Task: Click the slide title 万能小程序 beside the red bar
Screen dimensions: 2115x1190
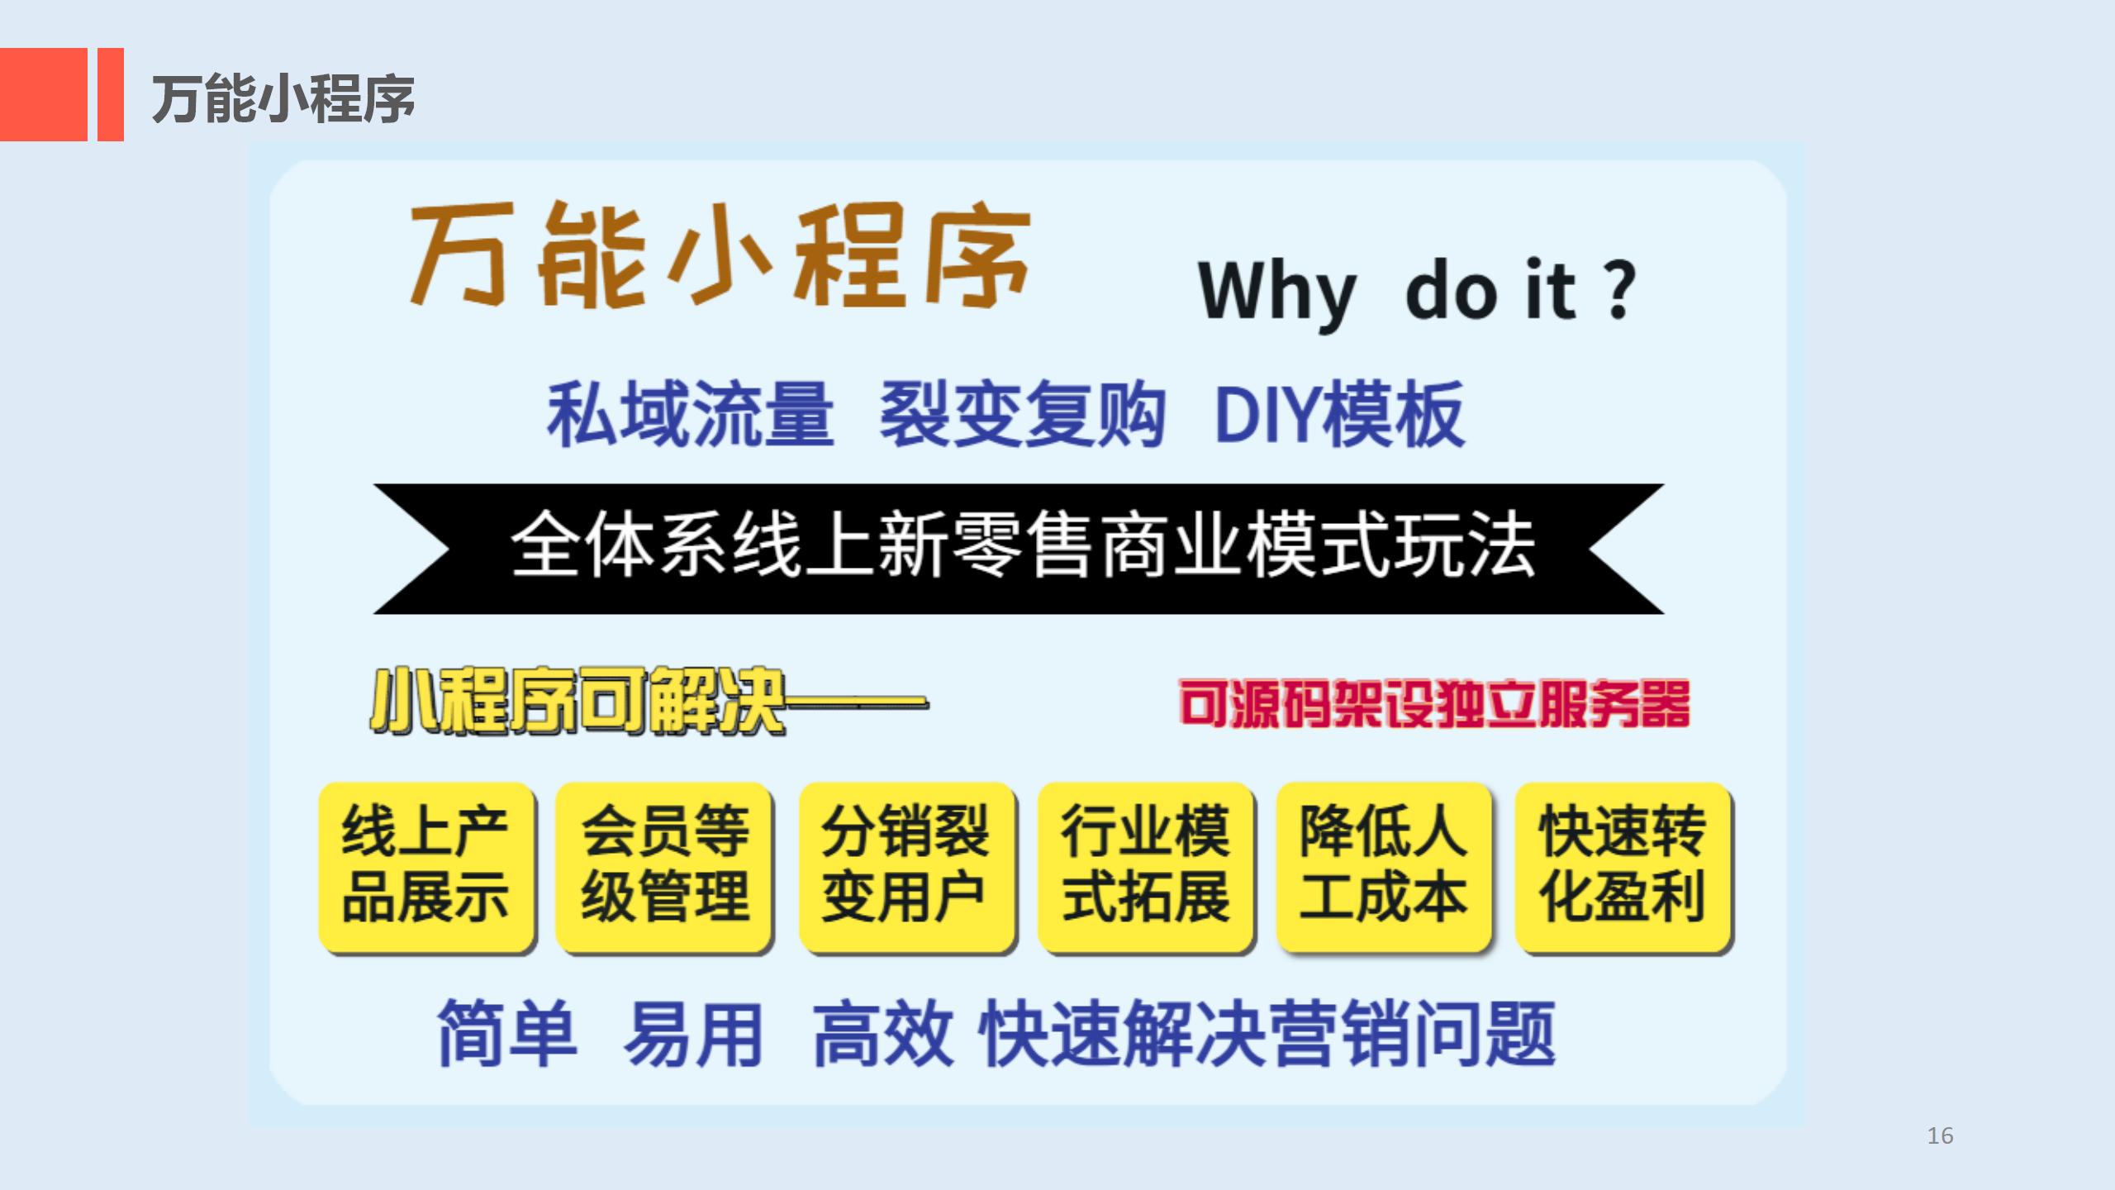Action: pos(283,98)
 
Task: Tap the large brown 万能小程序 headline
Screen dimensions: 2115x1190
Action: pos(720,255)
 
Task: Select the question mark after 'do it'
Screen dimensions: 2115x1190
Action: pos(1620,288)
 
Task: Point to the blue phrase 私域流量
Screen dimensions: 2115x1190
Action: pos(691,414)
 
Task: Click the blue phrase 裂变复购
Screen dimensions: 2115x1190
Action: pos(1023,414)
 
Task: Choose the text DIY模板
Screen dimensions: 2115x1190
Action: pos(1339,414)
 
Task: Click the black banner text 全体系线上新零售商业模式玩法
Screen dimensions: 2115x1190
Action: pos(1023,545)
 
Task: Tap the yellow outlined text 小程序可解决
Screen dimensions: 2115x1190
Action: pos(577,702)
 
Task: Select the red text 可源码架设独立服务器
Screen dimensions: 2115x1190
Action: pos(1434,704)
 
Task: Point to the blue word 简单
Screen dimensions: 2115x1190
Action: pos(506,1033)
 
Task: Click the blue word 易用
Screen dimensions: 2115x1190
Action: pos(693,1033)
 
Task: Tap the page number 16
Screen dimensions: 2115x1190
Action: pos(1940,1135)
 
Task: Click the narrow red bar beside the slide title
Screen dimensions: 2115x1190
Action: pos(111,94)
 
